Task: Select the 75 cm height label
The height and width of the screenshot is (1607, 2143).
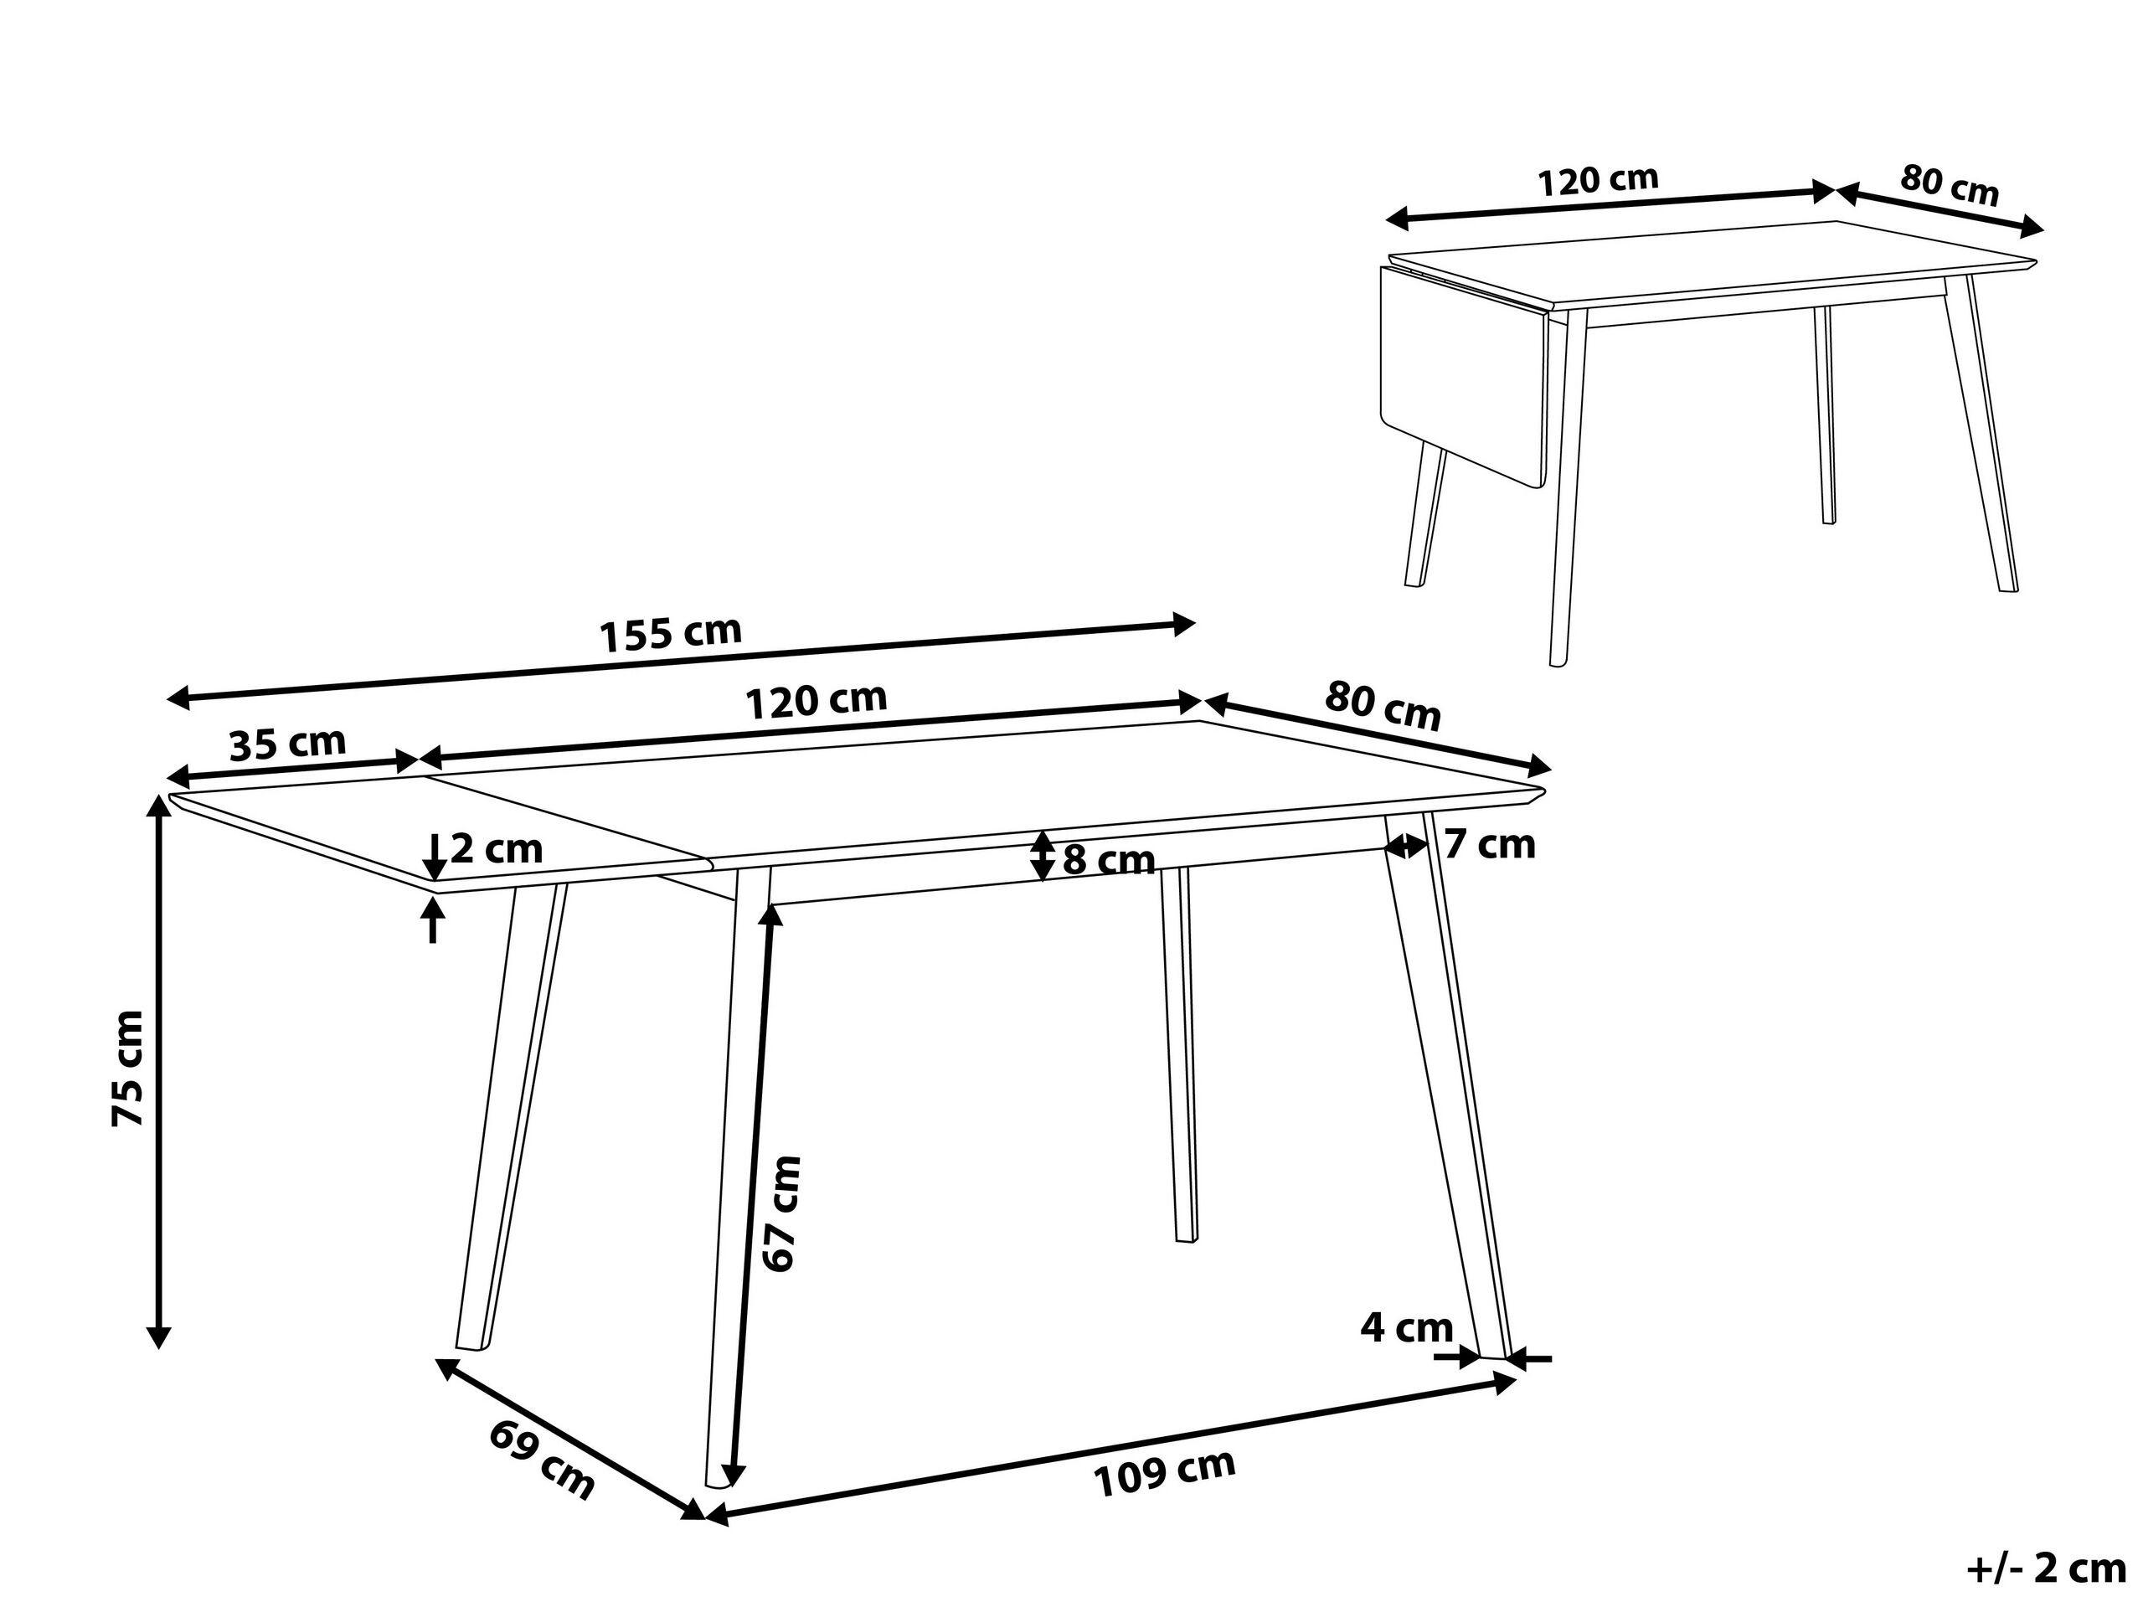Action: click(128, 1069)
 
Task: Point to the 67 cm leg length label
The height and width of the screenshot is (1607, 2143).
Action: click(782, 1213)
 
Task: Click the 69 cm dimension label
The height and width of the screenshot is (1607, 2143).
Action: click(542, 1459)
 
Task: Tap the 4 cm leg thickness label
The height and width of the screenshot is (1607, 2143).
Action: click(1407, 1327)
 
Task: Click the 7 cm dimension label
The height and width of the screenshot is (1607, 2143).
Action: click(1490, 845)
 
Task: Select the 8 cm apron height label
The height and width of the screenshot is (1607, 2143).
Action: click(1110, 859)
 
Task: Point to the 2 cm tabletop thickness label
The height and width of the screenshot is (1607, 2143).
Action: click(496, 849)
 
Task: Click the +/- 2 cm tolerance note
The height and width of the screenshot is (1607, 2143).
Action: click(2046, 1568)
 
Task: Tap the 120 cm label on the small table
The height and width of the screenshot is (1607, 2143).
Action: click(1599, 180)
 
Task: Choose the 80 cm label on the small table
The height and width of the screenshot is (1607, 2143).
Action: click(1950, 185)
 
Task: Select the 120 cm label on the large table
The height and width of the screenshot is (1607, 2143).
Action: click(816, 700)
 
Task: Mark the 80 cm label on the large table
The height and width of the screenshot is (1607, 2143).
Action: click(1383, 705)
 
